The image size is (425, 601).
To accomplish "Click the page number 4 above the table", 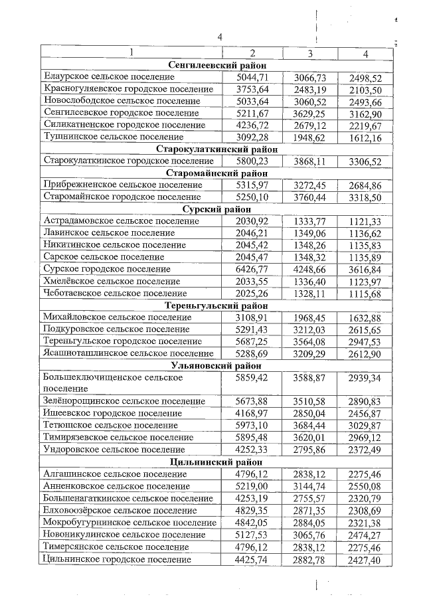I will tap(219, 38).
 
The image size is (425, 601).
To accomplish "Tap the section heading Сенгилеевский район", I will tap(216, 66).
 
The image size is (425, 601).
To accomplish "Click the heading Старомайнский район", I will tap(216, 173).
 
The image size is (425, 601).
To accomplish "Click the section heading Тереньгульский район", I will tap(216, 305).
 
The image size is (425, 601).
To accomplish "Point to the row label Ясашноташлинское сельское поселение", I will tap(127, 353).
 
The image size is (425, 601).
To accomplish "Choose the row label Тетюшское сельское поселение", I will tap(110, 426).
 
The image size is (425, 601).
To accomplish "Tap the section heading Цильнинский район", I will tap(216, 462).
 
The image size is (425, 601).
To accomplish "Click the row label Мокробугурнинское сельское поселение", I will tap(129, 523).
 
